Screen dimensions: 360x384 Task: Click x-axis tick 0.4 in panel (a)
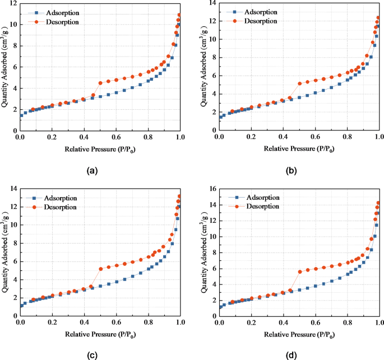coord(84,137)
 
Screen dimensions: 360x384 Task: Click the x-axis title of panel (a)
coord(100,148)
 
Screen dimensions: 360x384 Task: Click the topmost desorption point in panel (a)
coord(179,15)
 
